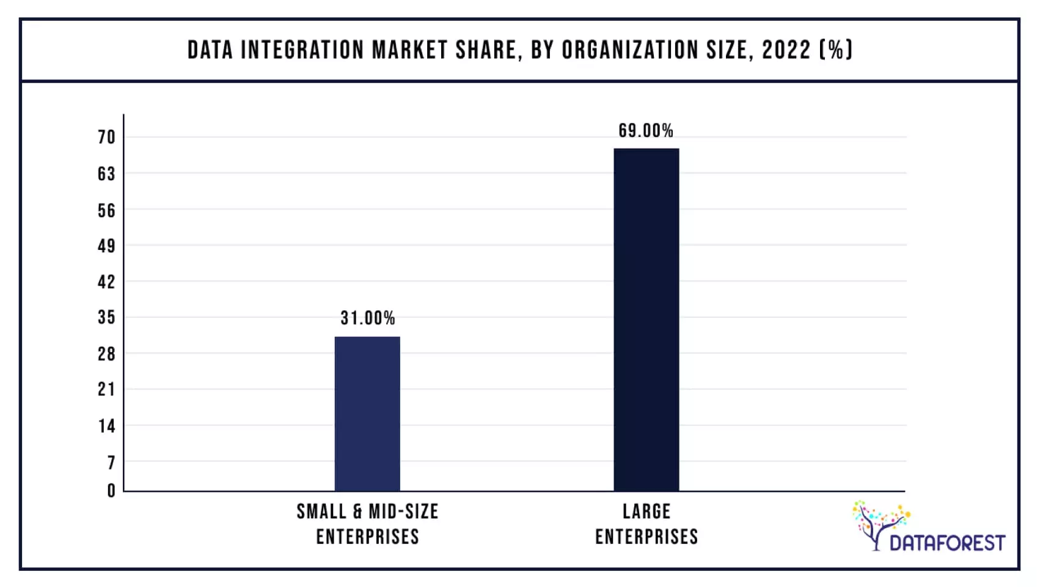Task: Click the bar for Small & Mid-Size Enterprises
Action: coord(367,414)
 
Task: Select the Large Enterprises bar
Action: coord(646,320)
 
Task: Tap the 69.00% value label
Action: coord(645,131)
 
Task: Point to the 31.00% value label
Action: coord(367,318)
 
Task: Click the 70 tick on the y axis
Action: coord(106,138)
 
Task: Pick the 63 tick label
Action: coord(106,174)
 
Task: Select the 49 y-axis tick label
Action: coord(106,246)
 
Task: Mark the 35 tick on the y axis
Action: coord(106,318)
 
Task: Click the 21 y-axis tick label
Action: coord(106,389)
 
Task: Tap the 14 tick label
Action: coord(106,426)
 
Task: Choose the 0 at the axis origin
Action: coord(111,491)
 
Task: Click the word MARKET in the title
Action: coord(409,50)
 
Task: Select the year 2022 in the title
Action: coord(786,50)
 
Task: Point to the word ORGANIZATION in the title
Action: coord(629,50)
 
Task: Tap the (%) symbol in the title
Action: coord(835,50)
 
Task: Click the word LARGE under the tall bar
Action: coord(646,512)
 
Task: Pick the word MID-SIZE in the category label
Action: coord(403,512)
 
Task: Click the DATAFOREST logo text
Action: coord(947,543)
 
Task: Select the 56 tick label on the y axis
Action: coord(106,211)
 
